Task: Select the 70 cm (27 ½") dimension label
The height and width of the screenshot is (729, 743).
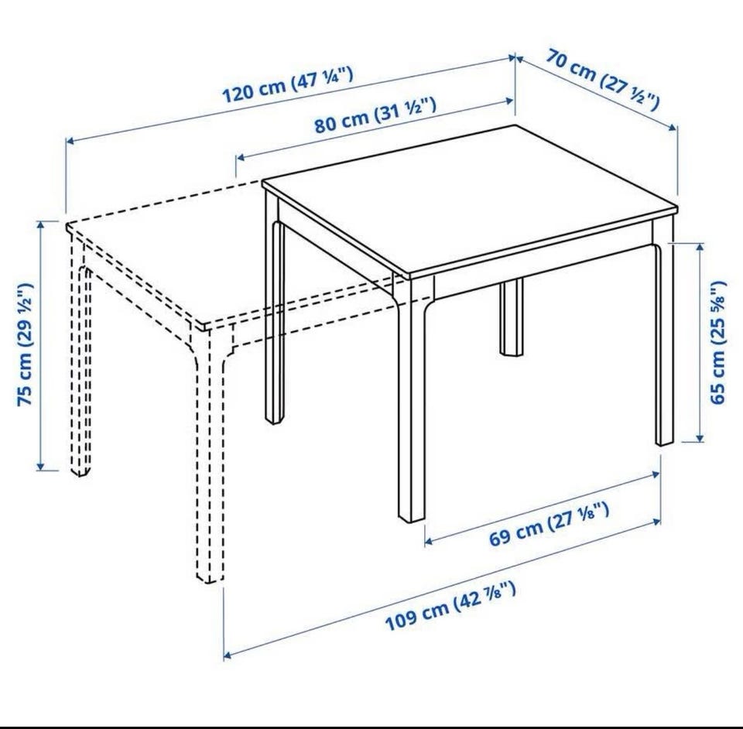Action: [603, 79]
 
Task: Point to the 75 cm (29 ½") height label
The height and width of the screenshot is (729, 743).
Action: [25, 344]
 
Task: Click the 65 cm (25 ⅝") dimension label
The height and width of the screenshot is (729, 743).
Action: [717, 342]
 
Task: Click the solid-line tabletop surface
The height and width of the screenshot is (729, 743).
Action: [470, 200]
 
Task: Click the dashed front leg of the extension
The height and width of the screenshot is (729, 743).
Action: [208, 455]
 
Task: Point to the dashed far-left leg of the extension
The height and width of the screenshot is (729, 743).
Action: [79, 355]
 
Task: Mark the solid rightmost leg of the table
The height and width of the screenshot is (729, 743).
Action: [664, 331]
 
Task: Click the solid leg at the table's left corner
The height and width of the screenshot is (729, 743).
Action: [274, 308]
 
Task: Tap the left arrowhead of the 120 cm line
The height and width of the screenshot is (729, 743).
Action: [69, 140]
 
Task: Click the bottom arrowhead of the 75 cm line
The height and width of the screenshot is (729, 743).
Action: [42, 466]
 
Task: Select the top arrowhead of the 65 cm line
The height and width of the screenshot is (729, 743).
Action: [700, 248]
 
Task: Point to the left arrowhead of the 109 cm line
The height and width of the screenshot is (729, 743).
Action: [228, 655]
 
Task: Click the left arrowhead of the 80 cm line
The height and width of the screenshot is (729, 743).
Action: [240, 157]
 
